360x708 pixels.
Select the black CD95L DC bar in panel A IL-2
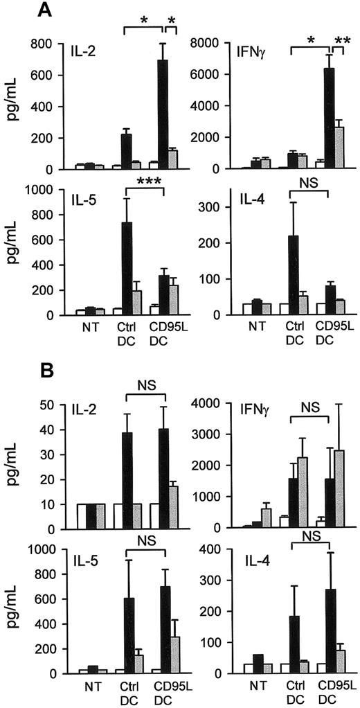coord(164,114)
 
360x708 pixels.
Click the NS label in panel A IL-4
coord(309,186)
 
